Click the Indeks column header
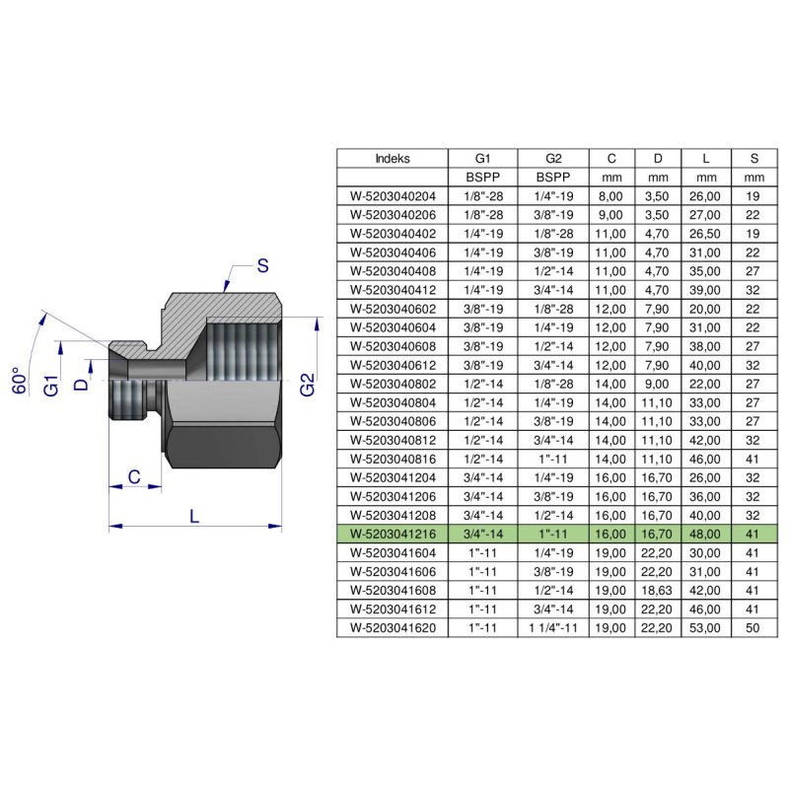click(x=393, y=158)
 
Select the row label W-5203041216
click(x=393, y=534)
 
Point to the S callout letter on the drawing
click(x=262, y=264)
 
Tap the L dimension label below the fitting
click(x=194, y=515)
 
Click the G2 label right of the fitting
click(x=307, y=384)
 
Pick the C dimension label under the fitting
click(x=131, y=477)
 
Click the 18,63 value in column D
click(x=659, y=589)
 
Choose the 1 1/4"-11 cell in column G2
click(x=552, y=626)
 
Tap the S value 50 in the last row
click(x=754, y=626)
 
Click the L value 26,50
click(x=706, y=234)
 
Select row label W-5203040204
click(x=393, y=195)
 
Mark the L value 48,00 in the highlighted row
click(x=706, y=534)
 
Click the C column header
click(x=611, y=158)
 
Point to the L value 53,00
click(x=706, y=626)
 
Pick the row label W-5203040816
click(x=393, y=459)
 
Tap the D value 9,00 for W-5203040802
click(x=659, y=383)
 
